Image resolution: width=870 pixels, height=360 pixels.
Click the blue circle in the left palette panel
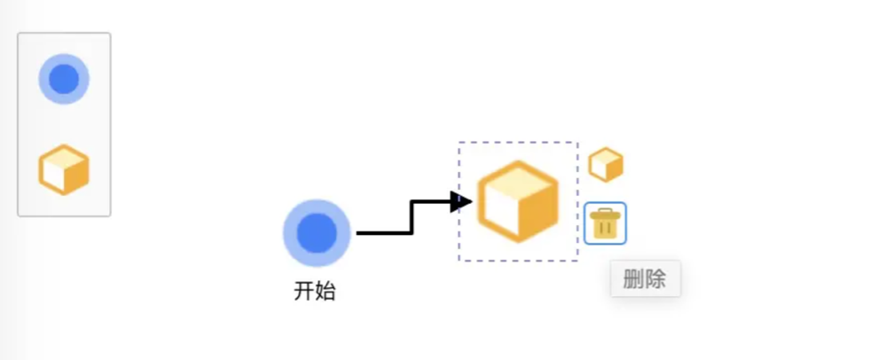pos(64,80)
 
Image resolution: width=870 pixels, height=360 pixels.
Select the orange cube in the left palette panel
pos(64,169)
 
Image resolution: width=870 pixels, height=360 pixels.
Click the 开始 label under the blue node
pos(315,291)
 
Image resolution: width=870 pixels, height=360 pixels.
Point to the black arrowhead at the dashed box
pos(460,202)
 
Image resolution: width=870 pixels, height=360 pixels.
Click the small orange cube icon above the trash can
pos(606,165)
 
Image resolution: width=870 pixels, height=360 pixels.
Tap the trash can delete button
pos(605,223)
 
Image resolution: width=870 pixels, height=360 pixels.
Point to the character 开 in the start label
pos(304,291)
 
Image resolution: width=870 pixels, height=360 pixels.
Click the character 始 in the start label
pos(325,291)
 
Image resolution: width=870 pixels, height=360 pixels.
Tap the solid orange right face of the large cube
pos(537,214)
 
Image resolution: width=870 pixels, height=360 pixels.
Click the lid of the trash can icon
pos(605,212)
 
